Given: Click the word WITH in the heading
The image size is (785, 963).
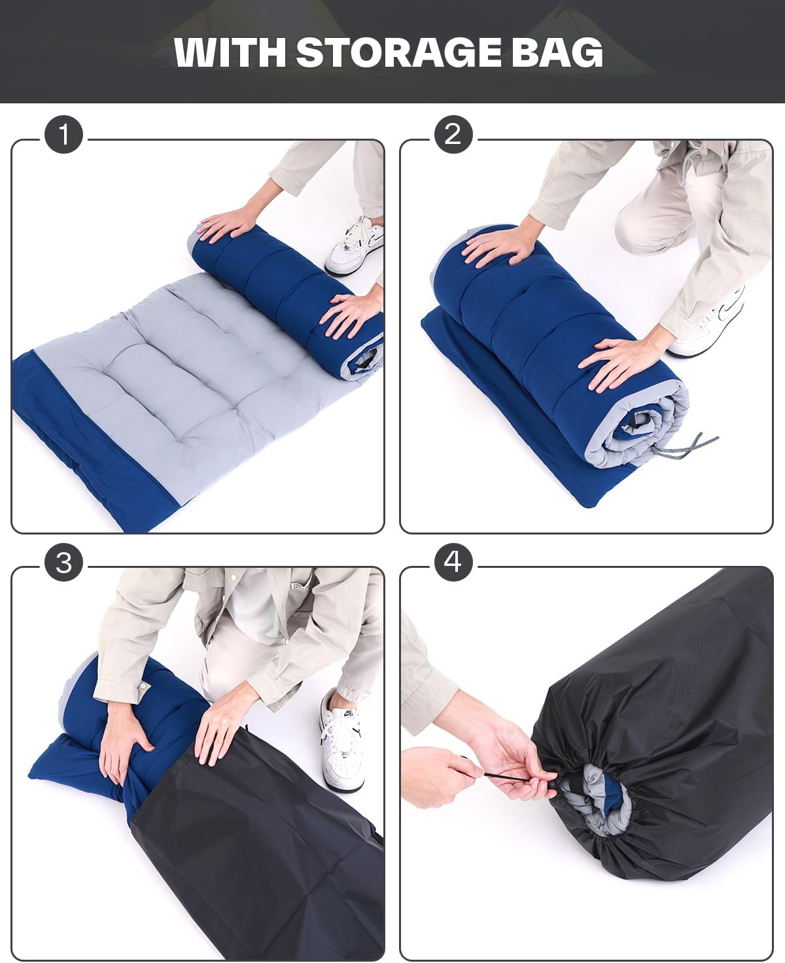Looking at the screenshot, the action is tap(230, 52).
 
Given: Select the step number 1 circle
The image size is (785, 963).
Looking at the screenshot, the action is tap(63, 134).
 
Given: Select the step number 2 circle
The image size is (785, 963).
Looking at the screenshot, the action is tap(453, 134).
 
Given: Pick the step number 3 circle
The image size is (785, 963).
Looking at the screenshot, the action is tap(63, 562).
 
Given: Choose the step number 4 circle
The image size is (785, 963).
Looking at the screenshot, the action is tap(453, 562).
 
